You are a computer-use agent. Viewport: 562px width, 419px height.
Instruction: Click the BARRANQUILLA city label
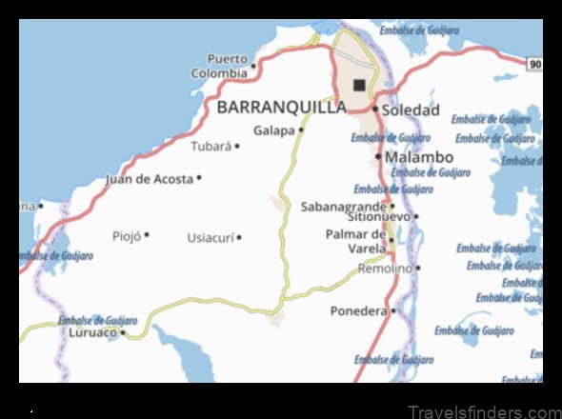(282, 107)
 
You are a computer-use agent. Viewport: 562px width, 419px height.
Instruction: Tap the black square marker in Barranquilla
(359, 85)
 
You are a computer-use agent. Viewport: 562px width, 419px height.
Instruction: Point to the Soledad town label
(411, 110)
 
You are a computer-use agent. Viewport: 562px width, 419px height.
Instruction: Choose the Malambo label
(418, 157)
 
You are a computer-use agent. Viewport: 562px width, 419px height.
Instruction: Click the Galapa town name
(274, 130)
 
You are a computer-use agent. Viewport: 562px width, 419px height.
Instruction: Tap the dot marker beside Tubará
(237, 147)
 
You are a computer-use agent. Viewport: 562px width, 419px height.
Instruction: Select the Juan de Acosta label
(149, 178)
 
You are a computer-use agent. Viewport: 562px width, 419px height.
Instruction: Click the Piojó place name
(127, 235)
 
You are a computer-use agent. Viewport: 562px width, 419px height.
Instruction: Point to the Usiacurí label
(211, 237)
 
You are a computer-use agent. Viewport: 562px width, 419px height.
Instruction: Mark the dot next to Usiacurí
(239, 237)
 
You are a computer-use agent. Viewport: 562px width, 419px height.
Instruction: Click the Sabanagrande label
(343, 206)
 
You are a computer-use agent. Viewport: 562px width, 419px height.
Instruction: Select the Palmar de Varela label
(356, 242)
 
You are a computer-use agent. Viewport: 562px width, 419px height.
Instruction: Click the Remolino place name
(385, 269)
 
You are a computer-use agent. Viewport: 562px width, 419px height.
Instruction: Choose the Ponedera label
(358, 310)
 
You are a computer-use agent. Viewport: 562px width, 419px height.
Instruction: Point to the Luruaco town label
(92, 332)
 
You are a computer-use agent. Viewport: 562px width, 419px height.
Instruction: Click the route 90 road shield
(534, 64)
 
